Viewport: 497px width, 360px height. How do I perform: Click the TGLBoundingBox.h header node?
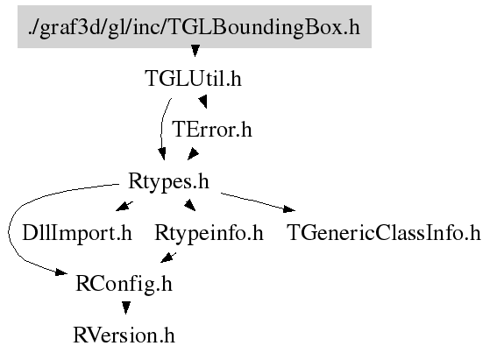click(x=195, y=27)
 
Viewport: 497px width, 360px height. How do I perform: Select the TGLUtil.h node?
click(x=193, y=79)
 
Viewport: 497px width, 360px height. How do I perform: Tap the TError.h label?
click(x=212, y=130)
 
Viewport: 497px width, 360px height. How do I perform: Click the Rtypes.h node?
click(x=168, y=181)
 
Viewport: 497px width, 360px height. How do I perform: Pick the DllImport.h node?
click(x=77, y=233)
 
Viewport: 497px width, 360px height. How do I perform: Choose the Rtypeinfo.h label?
click(x=209, y=233)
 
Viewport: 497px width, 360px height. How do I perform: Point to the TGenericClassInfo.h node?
click(x=384, y=233)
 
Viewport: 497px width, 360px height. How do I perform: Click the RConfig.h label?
click(x=124, y=284)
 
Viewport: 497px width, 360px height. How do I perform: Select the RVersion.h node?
click(x=124, y=335)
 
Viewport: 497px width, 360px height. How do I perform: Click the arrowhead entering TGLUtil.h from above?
click(x=195, y=51)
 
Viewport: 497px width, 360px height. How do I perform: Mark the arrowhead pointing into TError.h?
click(x=203, y=102)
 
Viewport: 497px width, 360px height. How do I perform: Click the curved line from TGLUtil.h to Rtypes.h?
click(x=162, y=127)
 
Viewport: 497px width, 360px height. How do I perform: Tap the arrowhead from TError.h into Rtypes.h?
click(x=193, y=154)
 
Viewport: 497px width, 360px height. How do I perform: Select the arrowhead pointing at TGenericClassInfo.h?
click(x=288, y=208)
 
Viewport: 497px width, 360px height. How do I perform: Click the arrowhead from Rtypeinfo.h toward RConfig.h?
click(x=168, y=258)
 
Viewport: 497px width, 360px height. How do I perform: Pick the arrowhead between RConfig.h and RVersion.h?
click(x=126, y=307)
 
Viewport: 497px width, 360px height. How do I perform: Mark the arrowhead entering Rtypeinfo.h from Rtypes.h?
click(x=190, y=205)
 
